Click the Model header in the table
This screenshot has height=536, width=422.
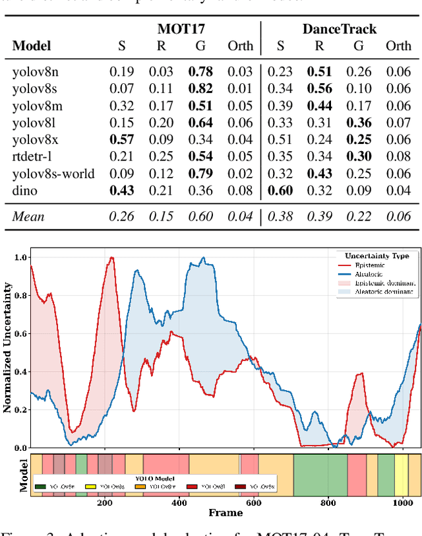coord(31,46)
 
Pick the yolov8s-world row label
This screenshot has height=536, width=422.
coord(53,174)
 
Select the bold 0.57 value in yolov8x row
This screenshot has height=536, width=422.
coord(122,139)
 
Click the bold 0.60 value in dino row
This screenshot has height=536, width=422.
coord(280,191)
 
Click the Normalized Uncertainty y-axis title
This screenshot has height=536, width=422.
coord(8,347)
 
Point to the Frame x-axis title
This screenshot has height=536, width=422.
coord(226,512)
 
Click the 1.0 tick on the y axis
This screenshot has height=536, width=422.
coord(21,257)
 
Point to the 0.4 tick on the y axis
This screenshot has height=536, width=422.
coord(21,372)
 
